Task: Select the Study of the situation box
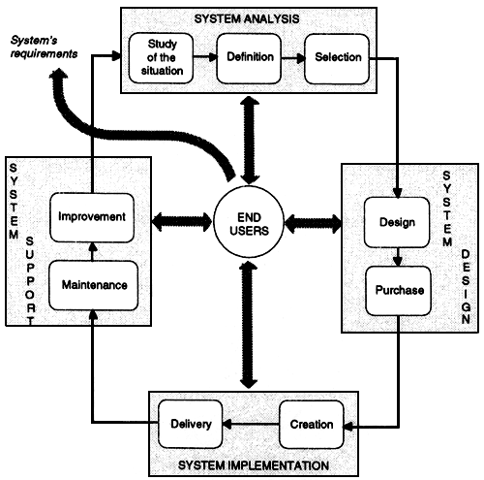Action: [x=164, y=58]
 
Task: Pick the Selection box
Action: [x=334, y=58]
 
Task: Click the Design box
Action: [x=391, y=224]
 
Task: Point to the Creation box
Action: [x=312, y=423]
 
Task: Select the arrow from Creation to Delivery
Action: [x=252, y=423]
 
